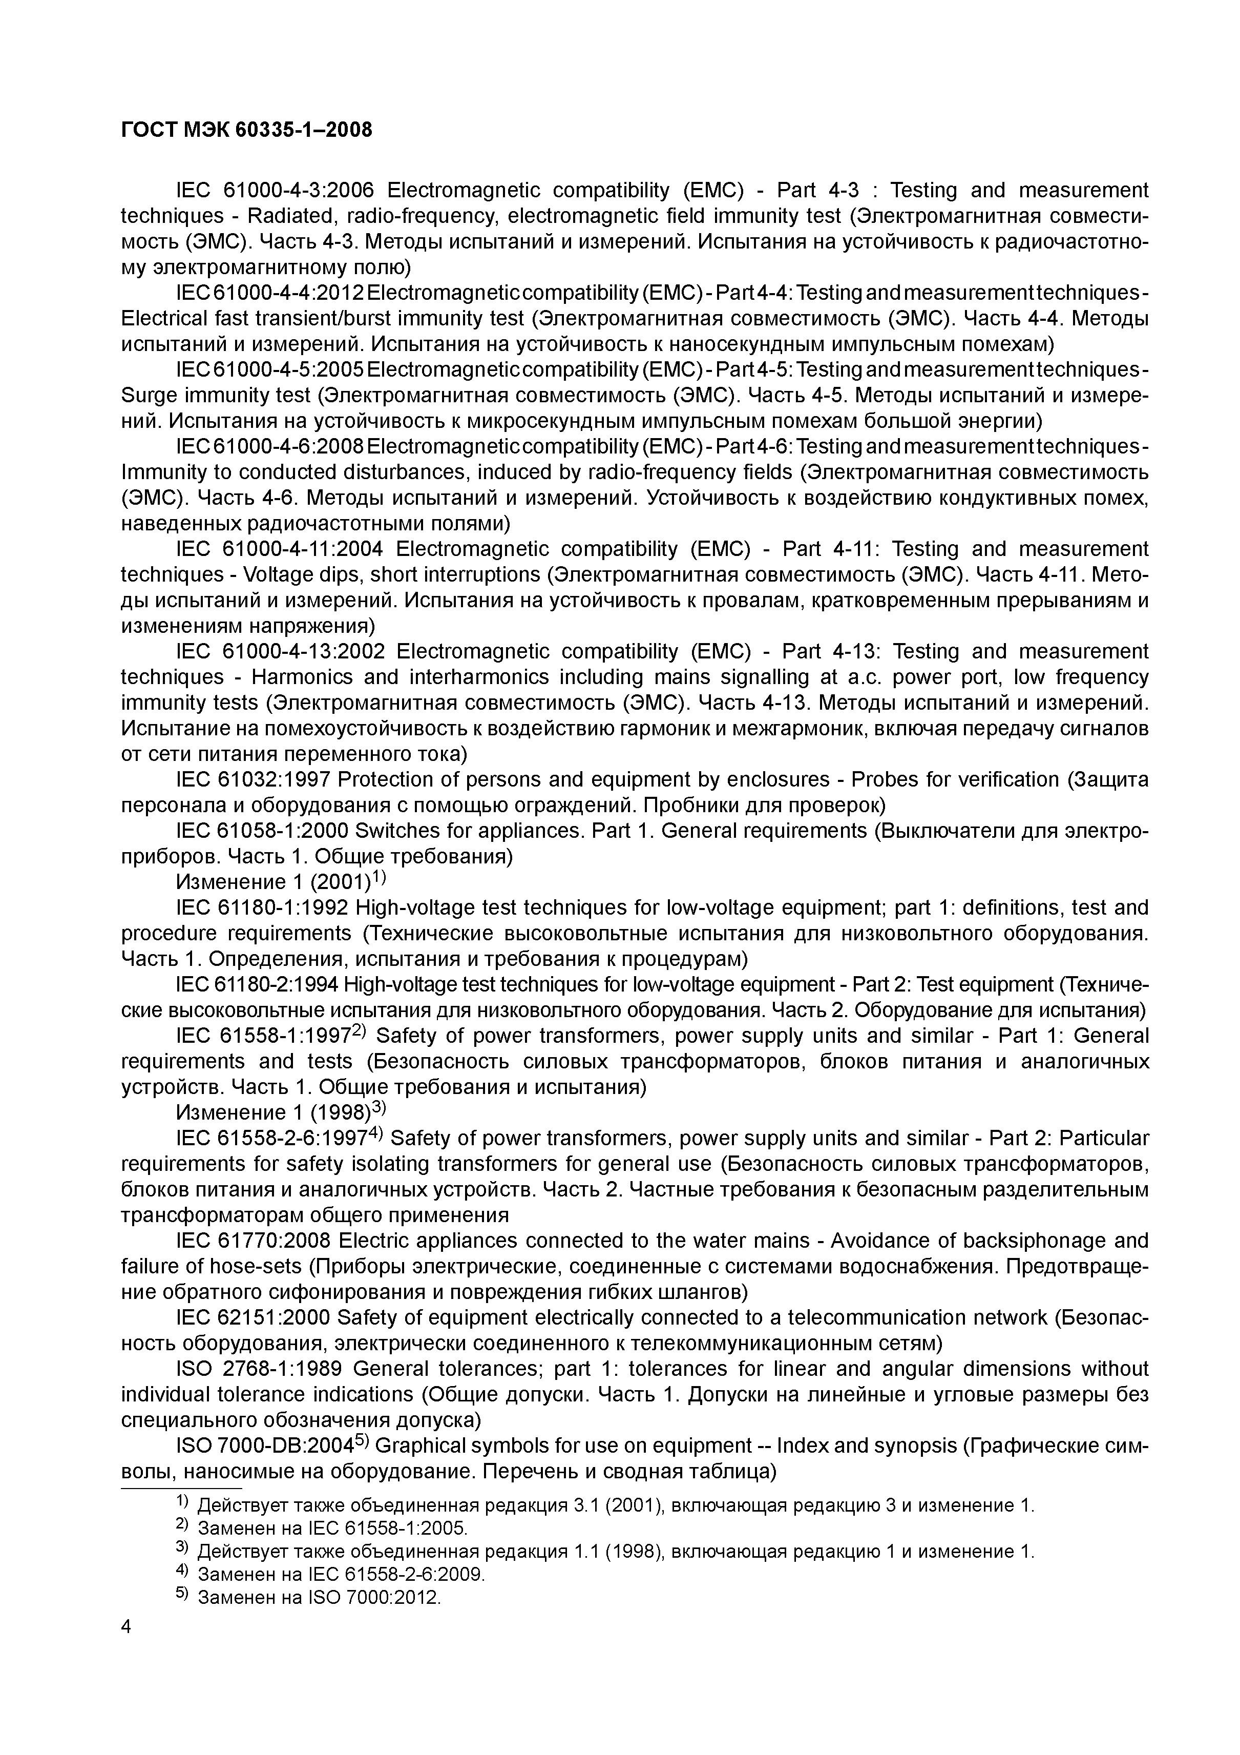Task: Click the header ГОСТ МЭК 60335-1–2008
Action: click(247, 131)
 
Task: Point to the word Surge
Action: click(145, 395)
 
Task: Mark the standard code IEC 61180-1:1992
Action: click(262, 907)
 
